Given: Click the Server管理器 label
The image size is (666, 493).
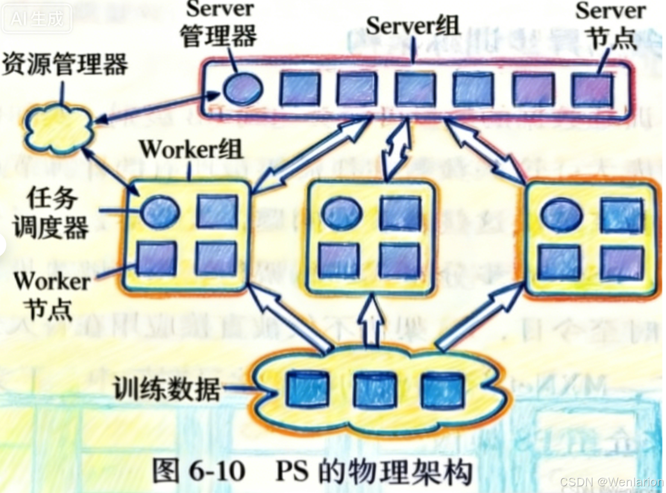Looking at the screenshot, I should pyautogui.click(x=219, y=24).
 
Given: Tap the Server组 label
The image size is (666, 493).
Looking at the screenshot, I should pyautogui.click(x=412, y=25).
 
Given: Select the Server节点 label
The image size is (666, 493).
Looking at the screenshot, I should pyautogui.click(x=611, y=25).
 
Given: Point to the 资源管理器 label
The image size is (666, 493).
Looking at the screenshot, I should pyautogui.click(x=65, y=64).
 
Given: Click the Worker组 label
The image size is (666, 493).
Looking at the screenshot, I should pyautogui.click(x=191, y=149).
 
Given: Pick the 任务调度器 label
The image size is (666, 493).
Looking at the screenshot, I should pyautogui.click(x=51, y=213).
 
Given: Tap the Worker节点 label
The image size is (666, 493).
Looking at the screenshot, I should pyautogui.click(x=51, y=295).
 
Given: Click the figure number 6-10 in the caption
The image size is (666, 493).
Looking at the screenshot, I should pyautogui.click(x=217, y=470).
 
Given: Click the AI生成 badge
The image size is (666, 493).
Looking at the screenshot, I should pyautogui.click(x=37, y=19).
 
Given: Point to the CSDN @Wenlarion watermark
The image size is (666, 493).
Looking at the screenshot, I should pyautogui.click(x=611, y=481).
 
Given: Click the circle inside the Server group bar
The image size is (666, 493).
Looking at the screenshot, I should pyautogui.click(x=243, y=89).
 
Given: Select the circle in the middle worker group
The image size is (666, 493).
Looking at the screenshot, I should pyautogui.click(x=342, y=212).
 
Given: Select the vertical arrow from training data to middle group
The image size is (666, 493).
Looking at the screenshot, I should pyautogui.click(x=370, y=319).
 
